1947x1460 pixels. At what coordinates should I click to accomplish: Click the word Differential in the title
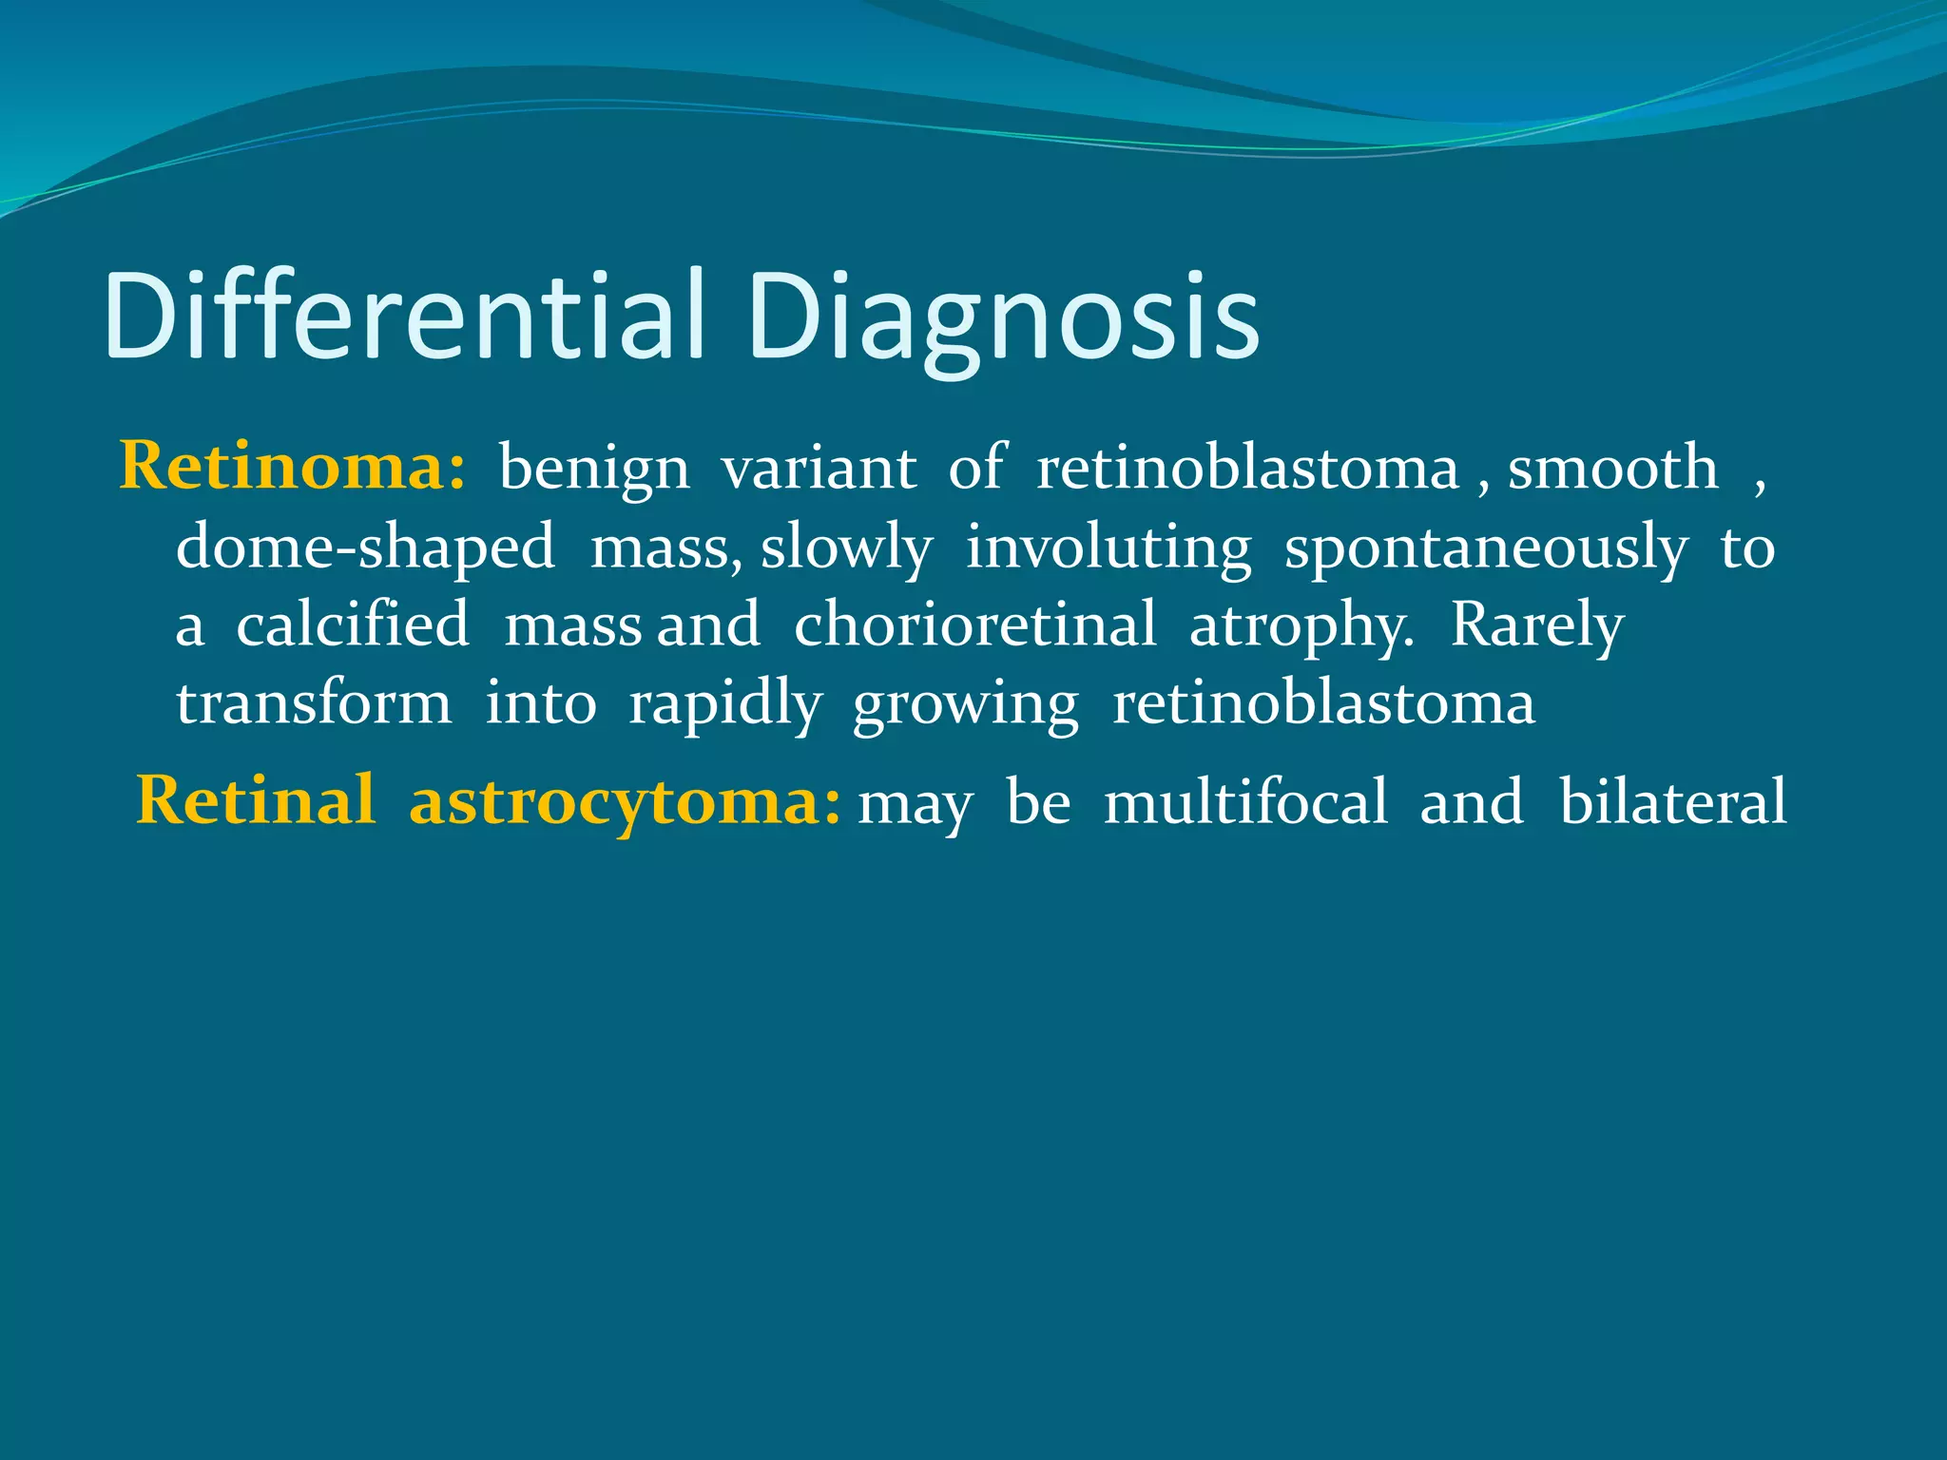[404, 316]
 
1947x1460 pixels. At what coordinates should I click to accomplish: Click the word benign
[594, 470]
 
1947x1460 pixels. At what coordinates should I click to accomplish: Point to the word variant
[819, 468]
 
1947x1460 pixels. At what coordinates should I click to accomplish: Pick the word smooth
[1613, 468]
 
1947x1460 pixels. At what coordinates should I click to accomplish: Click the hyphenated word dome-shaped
[366, 548]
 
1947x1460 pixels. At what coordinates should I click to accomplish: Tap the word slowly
[846, 548]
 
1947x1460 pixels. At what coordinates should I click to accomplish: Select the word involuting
[1108, 548]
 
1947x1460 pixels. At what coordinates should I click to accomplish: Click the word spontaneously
[1486, 548]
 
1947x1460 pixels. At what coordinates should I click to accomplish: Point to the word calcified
[353, 625]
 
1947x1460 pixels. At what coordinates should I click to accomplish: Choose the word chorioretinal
[975, 625]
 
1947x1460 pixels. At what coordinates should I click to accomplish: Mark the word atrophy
[1301, 627]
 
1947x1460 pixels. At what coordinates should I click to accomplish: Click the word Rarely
[1537, 627]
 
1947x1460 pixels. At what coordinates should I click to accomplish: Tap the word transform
[314, 704]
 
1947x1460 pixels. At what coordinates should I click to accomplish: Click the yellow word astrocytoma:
[625, 801]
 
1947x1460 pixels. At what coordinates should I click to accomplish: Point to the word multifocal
[1245, 801]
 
